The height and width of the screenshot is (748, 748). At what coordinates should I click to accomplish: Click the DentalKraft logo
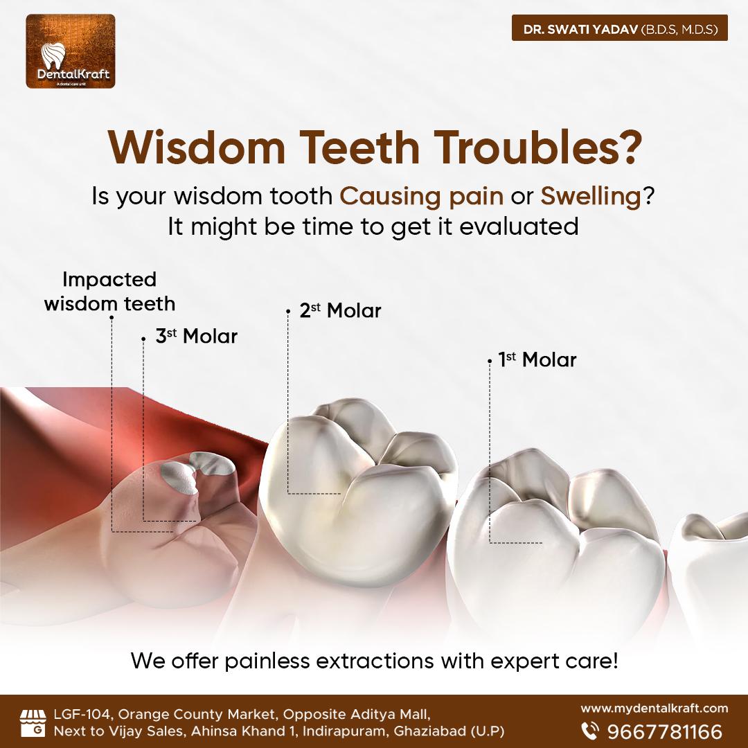click(71, 51)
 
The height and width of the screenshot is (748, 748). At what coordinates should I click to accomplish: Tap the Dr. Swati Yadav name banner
click(620, 28)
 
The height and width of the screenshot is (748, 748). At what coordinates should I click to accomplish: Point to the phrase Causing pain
click(421, 197)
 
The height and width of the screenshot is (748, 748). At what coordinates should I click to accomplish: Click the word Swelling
click(591, 197)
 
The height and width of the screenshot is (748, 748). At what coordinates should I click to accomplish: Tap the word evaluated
click(519, 226)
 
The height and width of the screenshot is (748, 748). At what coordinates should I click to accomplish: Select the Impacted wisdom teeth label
click(109, 292)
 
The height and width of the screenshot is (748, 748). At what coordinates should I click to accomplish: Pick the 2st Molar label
click(341, 310)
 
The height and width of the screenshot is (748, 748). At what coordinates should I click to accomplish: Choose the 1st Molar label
click(537, 359)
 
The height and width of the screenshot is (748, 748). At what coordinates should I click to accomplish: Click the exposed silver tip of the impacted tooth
click(197, 470)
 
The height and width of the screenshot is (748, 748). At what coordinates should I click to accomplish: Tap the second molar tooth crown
click(359, 491)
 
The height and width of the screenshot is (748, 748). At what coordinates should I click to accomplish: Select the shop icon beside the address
click(33, 722)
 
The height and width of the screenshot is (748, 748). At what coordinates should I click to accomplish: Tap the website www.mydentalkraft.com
click(654, 709)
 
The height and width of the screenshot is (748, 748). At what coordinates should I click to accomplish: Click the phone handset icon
click(591, 731)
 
